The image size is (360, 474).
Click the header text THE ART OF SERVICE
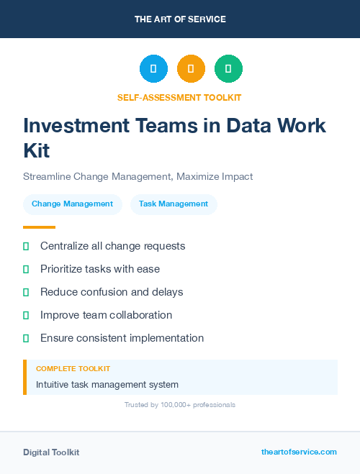pyautogui.click(x=180, y=19)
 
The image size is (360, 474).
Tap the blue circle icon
pyautogui.click(x=153, y=68)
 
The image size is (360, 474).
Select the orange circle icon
pyautogui.click(x=191, y=68)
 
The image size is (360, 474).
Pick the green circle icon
pyautogui.click(x=228, y=68)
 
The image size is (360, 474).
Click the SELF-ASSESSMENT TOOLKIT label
pyautogui.click(x=180, y=97)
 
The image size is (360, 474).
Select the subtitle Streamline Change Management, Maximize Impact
pyautogui.click(x=138, y=176)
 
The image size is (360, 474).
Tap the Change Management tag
pyautogui.click(x=72, y=204)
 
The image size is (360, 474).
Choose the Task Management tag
pyautogui.click(x=174, y=204)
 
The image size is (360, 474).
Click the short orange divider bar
pyautogui.click(x=39, y=227)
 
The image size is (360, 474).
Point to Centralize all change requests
pyautogui.click(x=113, y=246)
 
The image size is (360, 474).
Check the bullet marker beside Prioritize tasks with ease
pyautogui.click(x=26, y=269)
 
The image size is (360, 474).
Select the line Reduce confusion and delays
pyautogui.click(x=112, y=292)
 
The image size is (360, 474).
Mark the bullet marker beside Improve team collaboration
pyautogui.click(x=26, y=315)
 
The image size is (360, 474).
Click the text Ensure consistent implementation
pyautogui.click(x=122, y=338)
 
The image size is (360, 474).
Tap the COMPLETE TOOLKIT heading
pyautogui.click(x=73, y=368)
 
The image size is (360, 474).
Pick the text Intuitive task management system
pyautogui.click(x=107, y=385)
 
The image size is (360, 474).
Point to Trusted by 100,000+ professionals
pyautogui.click(x=180, y=405)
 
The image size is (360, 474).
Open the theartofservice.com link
pyautogui.click(x=299, y=452)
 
